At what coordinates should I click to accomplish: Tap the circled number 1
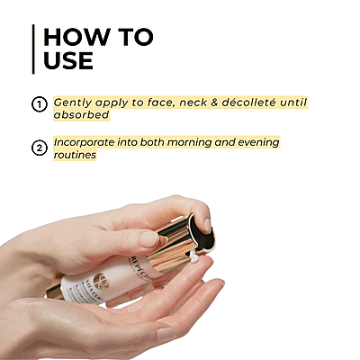coord(39,104)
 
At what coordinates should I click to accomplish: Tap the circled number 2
coord(39,148)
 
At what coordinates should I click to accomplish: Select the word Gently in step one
coord(76,103)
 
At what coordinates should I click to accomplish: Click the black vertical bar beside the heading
coord(32,49)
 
